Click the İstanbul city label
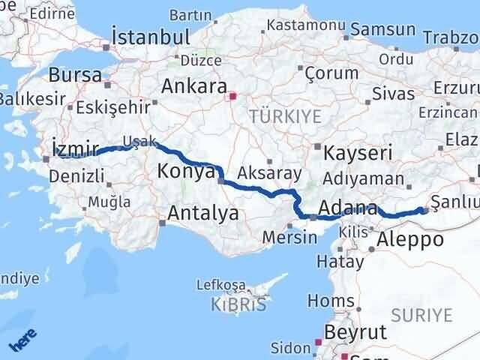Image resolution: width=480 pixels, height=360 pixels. coord(150,37)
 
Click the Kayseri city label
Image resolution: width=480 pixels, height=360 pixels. coord(358,154)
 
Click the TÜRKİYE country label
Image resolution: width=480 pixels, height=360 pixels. coord(285,115)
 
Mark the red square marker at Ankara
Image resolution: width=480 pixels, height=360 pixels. coord(232,96)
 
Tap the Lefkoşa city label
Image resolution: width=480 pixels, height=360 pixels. coord(220,285)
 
